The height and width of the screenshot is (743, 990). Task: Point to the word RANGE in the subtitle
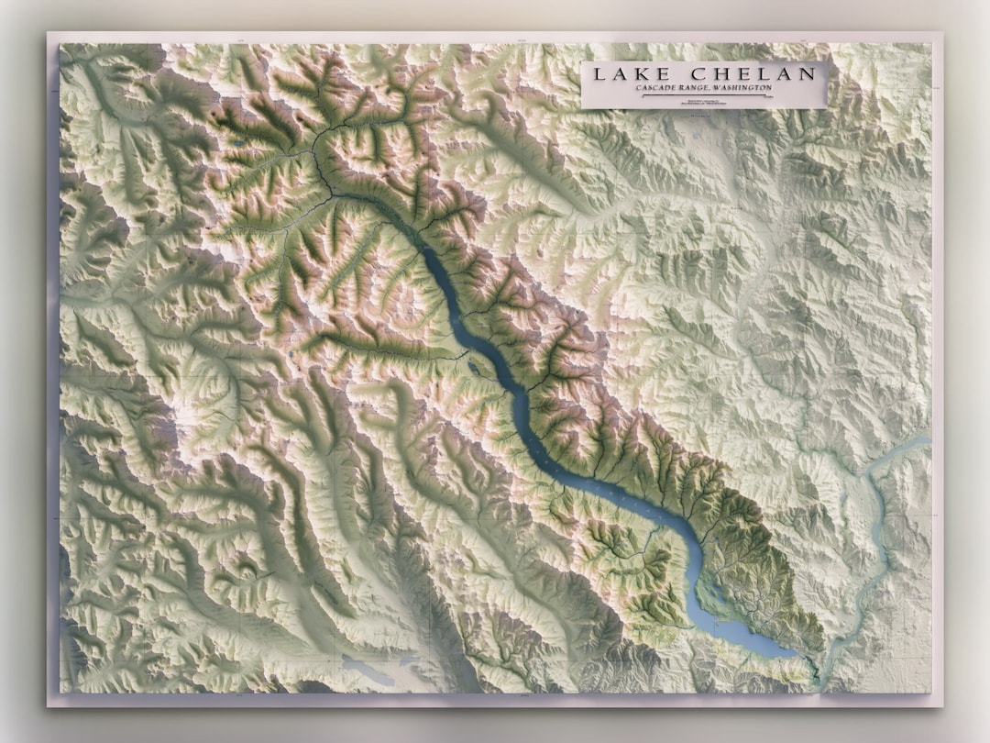pos(699,88)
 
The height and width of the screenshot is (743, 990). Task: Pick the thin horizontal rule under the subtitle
pos(702,94)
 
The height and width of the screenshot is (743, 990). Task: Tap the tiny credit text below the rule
pos(702,101)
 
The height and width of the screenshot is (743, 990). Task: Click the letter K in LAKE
pos(633,74)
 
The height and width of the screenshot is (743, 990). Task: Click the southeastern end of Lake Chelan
pos(796,654)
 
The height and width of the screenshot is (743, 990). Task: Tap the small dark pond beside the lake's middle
pos(472,368)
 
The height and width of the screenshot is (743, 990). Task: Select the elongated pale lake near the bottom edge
pos(367,669)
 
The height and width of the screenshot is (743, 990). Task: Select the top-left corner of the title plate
pos(582,61)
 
